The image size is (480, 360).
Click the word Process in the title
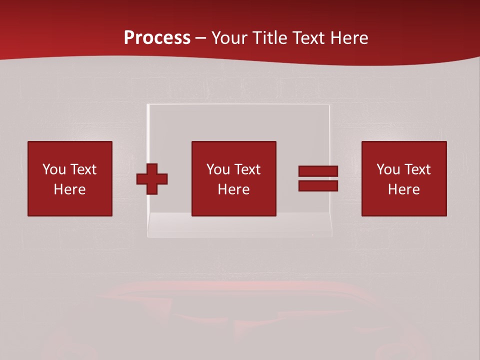[x=157, y=38]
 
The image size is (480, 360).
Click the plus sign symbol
[x=152, y=179]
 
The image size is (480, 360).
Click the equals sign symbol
[x=318, y=178]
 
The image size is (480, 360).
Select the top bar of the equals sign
[x=318, y=171]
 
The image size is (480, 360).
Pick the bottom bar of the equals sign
[x=318, y=185]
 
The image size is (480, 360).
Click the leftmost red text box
[x=69, y=178]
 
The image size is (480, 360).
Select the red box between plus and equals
[x=233, y=178]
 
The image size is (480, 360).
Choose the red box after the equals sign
[x=403, y=178]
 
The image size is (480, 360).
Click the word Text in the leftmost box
[x=83, y=169]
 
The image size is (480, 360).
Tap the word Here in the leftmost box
[x=69, y=189]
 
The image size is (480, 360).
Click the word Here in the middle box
[x=233, y=189]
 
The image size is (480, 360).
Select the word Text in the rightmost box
[x=417, y=169]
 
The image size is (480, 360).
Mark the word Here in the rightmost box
[x=403, y=189]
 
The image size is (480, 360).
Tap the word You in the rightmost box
[x=388, y=169]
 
